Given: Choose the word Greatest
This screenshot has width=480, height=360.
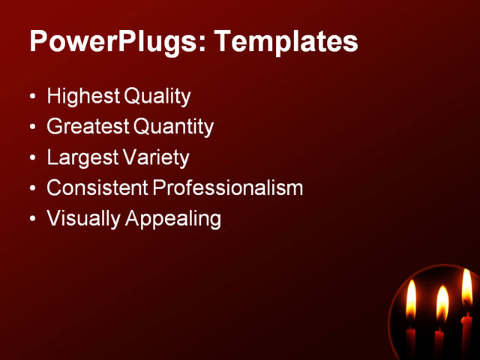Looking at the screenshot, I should tap(87, 127).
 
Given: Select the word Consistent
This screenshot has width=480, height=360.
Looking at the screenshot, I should tap(97, 188).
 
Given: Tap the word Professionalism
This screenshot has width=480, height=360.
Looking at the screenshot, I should tap(228, 188).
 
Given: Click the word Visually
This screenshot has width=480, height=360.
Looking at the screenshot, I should tap(82, 219).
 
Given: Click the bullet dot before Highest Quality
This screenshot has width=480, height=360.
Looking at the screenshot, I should tap(32, 97).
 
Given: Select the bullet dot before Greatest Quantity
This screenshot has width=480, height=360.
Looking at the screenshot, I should tap(32, 128).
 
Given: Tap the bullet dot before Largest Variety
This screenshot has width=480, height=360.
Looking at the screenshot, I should tap(32, 159).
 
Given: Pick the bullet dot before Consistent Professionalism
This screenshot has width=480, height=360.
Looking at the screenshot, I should tap(32, 189).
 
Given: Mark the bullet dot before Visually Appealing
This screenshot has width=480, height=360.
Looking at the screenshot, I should tap(32, 220).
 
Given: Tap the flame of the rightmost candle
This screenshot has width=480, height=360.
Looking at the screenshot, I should tap(467, 289).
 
